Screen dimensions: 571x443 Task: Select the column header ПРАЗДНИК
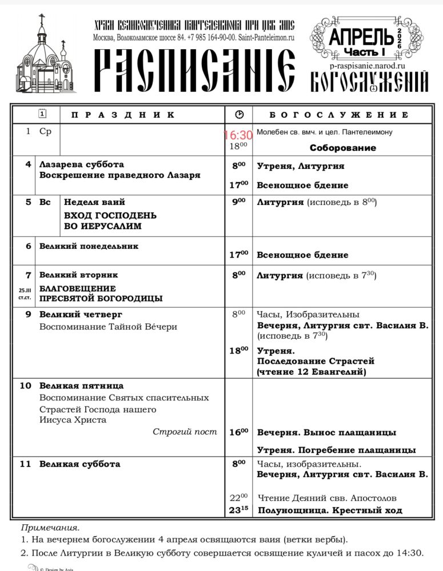coord(123,115)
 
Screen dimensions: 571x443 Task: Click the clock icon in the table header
coord(239,115)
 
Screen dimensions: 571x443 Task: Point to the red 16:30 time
coord(238,135)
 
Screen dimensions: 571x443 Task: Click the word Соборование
coord(342,148)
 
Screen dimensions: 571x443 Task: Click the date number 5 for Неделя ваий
coord(28,202)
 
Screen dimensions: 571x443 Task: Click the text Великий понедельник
coord(89,246)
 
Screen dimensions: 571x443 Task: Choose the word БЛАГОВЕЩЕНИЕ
coord(77,288)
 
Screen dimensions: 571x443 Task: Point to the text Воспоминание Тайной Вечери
coord(108,327)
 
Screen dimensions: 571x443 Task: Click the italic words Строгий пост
coord(185,432)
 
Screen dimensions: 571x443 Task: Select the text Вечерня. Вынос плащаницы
coord(326,432)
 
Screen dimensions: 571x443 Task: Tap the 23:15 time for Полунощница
coord(238,510)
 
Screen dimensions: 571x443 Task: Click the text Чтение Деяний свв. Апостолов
coord(327,498)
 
